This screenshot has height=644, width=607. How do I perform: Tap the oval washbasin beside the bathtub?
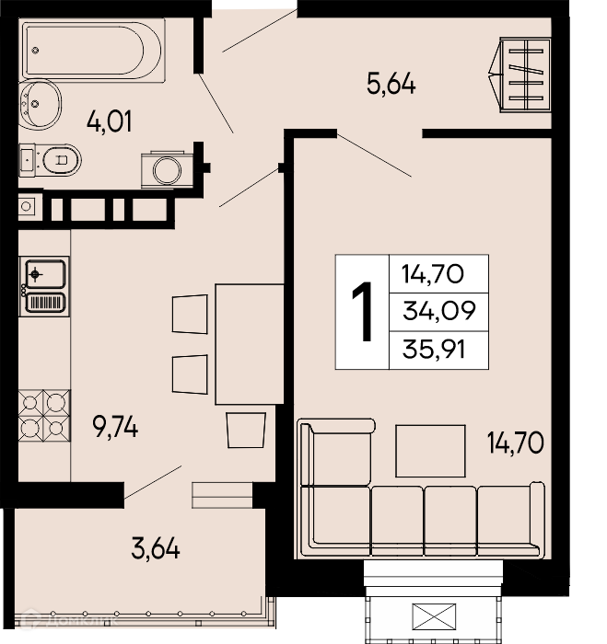pos(40,104)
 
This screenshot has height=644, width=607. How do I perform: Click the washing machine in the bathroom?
pos(167,169)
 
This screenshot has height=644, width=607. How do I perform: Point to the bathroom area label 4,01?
pos(110,121)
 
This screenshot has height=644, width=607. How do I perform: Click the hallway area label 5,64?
pos(391,84)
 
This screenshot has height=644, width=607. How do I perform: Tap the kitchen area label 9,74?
pos(115,427)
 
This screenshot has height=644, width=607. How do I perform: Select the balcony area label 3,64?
pos(156,548)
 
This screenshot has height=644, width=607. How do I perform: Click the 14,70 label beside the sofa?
pos(516,443)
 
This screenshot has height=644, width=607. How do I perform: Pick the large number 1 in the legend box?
pos(362,311)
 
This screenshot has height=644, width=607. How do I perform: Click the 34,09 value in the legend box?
pos(438,311)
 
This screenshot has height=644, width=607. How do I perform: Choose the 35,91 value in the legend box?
pos(434,350)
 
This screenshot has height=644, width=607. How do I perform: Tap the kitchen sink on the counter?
pos(44,286)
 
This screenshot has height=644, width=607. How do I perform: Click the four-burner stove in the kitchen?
pos(44,416)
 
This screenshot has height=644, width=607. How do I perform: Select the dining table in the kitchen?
pos(250,344)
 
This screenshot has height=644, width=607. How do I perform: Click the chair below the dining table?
pos(246,430)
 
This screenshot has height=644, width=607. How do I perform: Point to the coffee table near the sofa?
pos(430,451)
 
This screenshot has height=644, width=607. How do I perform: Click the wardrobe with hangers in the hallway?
pos(519,75)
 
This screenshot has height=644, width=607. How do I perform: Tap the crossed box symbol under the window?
pos(434,616)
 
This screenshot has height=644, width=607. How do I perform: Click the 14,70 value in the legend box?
pos(433,274)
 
